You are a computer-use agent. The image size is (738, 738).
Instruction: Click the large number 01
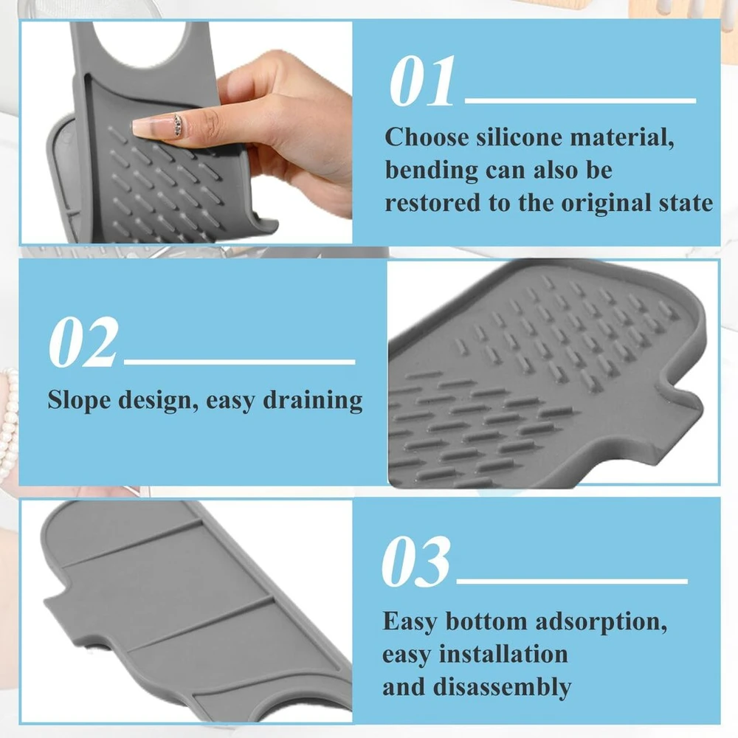(x=422, y=81)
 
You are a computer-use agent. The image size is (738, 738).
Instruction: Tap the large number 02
(x=83, y=342)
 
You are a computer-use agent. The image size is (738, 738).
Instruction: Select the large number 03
(x=416, y=561)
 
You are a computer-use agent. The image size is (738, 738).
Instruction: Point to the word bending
(x=432, y=171)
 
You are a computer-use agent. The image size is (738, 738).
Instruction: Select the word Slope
(x=79, y=401)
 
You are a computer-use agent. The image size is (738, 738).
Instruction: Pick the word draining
(x=312, y=401)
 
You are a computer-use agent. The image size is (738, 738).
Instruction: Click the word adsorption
(x=601, y=622)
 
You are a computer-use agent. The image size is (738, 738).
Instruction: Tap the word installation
(x=503, y=654)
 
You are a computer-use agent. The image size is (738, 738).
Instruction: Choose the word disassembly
(x=502, y=688)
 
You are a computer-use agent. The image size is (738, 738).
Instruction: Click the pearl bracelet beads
(x=9, y=424)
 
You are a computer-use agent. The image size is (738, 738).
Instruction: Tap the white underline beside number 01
(x=580, y=100)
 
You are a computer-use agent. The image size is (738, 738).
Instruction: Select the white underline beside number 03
(x=572, y=582)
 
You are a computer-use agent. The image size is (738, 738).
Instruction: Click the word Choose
(x=427, y=137)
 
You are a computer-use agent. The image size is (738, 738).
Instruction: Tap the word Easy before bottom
(x=410, y=622)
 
